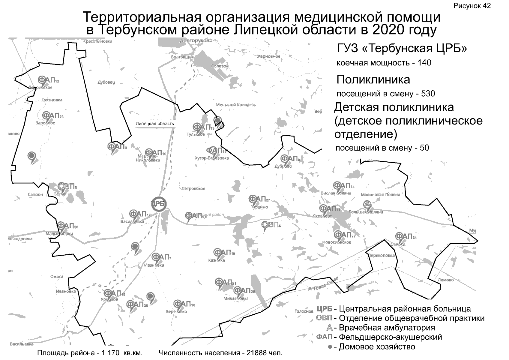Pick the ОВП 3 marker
click(67, 187)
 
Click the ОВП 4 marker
click(271, 224)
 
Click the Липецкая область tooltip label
click(154, 124)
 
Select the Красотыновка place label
click(98, 41)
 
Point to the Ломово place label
click(445, 280)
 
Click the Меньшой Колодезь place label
click(236, 105)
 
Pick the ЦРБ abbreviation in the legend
click(325, 309)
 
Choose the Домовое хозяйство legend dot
click(330, 347)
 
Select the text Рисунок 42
click(472, 6)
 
